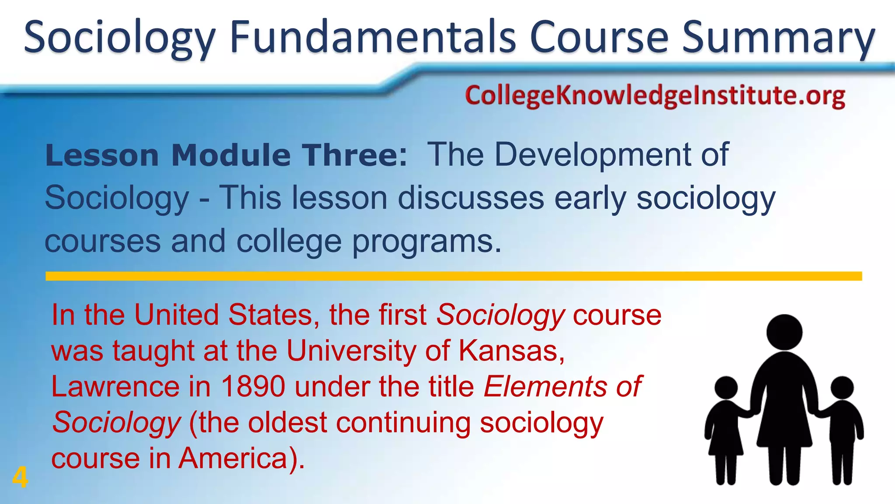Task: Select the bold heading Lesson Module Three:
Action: coord(226,155)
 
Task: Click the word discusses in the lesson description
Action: coord(471,198)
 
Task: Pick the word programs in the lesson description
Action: coord(422,242)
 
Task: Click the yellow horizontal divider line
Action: coord(454,276)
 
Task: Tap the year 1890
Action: coord(253,386)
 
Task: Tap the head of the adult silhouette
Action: coord(784,332)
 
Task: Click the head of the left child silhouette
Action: coord(726,388)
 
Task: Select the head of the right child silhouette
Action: coord(842,388)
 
